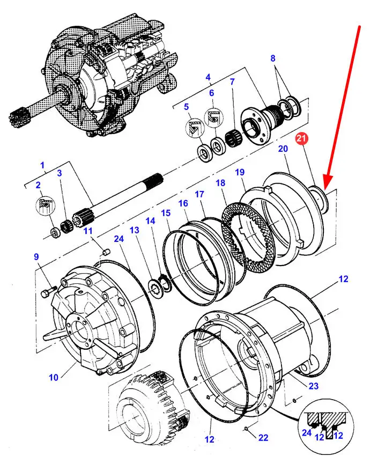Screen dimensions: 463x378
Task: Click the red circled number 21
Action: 301,139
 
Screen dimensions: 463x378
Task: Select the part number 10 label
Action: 54,377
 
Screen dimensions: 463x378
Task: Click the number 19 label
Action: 240,172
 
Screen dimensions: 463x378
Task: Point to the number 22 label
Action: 262,437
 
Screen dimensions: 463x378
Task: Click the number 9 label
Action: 37,257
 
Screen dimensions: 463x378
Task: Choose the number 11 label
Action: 87,231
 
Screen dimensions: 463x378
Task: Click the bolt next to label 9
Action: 49,291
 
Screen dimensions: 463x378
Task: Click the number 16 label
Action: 183,203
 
